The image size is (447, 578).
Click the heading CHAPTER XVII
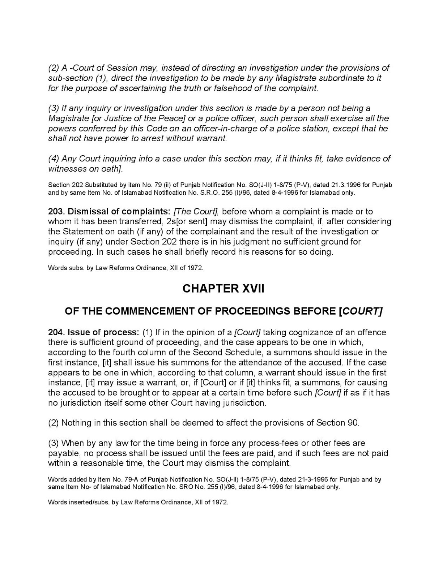223,289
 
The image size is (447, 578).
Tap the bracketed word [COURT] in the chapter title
361,311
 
